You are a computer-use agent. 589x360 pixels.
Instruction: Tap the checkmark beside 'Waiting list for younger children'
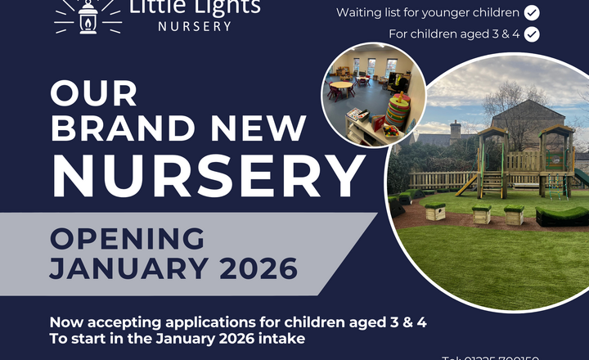[x=531, y=12]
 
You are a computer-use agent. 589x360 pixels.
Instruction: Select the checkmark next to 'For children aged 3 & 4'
[x=532, y=34]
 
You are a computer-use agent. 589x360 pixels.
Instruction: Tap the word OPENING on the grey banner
[x=127, y=238]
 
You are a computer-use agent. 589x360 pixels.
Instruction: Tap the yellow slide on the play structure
[x=468, y=186]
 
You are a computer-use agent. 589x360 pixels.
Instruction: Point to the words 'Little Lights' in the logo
[x=195, y=7]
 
